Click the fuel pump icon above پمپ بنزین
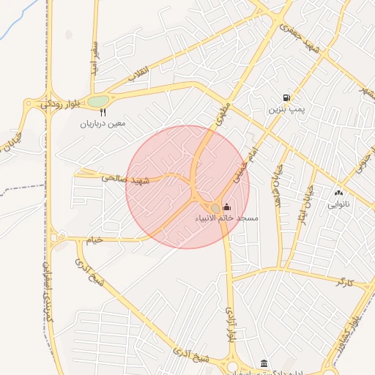tap(286, 97)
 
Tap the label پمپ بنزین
tap(284, 109)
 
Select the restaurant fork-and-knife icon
tap(103, 113)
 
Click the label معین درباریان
tap(103, 124)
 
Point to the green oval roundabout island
tap(98, 100)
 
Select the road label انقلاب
tap(138, 76)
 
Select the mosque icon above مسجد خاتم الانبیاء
tap(226, 207)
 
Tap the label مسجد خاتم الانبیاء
tap(227, 219)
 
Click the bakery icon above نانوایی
tap(338, 193)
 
